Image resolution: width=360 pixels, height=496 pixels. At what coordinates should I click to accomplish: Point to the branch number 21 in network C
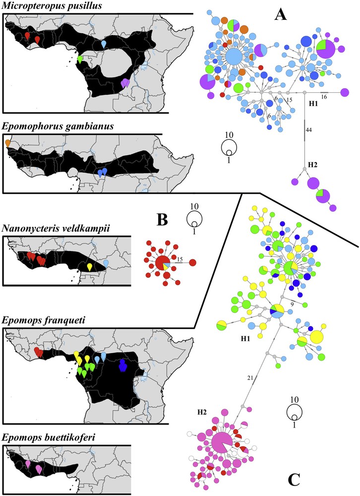point(250,378)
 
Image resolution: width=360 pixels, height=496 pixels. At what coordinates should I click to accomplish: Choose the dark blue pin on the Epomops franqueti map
point(122,366)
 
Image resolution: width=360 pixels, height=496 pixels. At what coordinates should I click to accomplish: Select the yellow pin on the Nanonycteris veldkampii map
point(89,267)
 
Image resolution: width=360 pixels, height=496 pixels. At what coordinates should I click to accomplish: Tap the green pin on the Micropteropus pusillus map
point(80,59)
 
